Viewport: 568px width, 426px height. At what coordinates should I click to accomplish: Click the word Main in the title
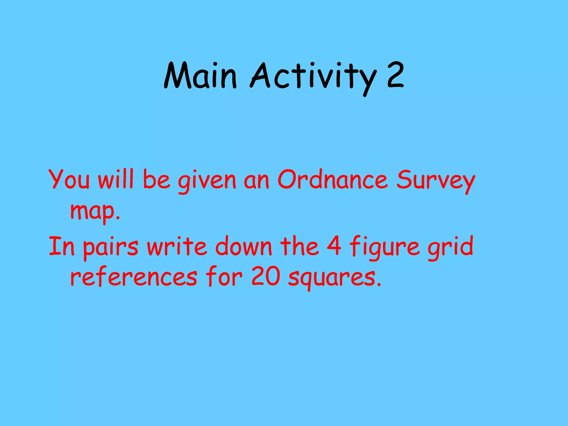200,76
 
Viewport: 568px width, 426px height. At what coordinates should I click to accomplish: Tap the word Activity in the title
313,76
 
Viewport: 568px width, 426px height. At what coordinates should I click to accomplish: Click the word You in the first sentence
69,179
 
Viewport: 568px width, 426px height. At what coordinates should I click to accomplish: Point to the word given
207,182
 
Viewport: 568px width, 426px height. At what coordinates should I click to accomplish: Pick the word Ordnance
332,179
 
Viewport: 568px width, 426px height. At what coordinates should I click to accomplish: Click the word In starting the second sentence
62,246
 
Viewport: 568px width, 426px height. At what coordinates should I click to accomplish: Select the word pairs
111,248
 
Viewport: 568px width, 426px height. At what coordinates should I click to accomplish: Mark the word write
177,246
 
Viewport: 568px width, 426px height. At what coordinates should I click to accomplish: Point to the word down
244,246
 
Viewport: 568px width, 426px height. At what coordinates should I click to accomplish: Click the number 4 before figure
334,245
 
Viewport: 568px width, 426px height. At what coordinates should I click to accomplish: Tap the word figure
384,248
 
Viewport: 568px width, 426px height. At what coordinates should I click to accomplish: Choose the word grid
450,248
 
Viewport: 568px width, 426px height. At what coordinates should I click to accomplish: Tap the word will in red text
116,179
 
